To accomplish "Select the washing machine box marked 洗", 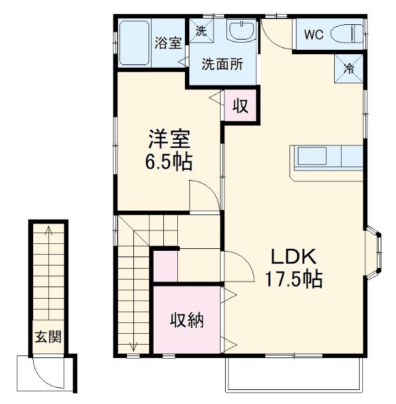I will coord(201,30).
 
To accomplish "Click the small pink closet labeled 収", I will coord(240,105).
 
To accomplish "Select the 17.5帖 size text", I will coord(294,279).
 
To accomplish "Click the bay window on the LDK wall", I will coord(375,252).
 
